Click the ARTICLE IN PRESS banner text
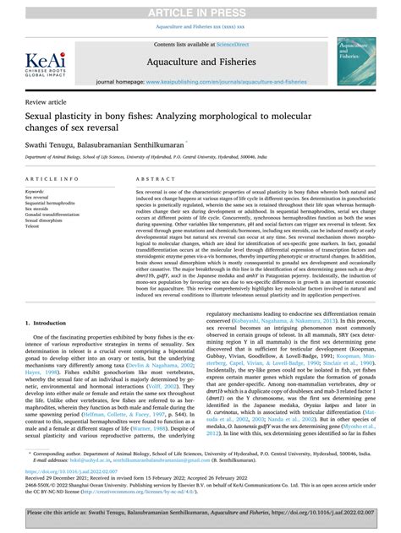pos(200,10)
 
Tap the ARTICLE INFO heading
pos(54,180)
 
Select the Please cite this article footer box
pos(200,517)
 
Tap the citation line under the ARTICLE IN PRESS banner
pos(200,25)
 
